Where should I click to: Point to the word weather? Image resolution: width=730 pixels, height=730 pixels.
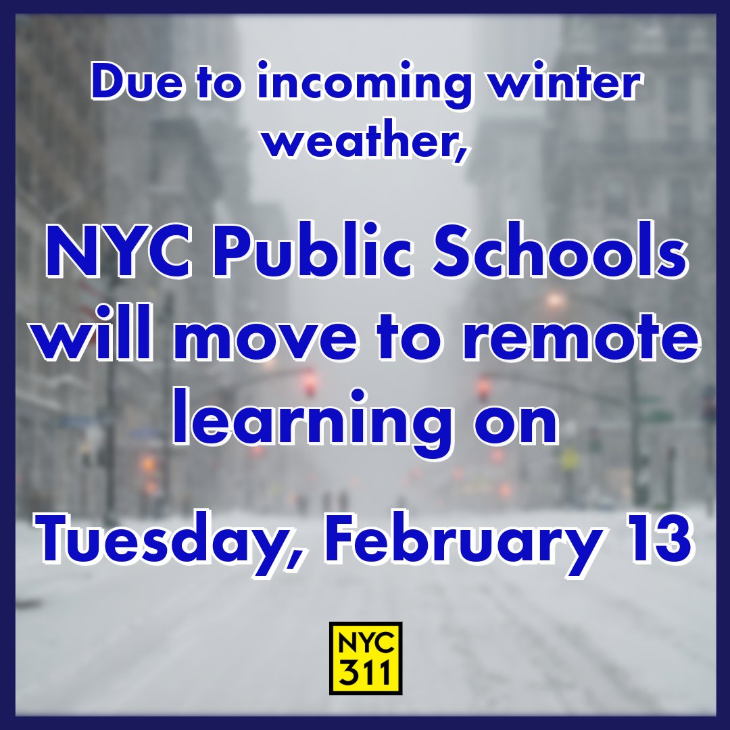coord(357,140)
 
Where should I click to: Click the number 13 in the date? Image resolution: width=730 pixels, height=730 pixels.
coord(654,543)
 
